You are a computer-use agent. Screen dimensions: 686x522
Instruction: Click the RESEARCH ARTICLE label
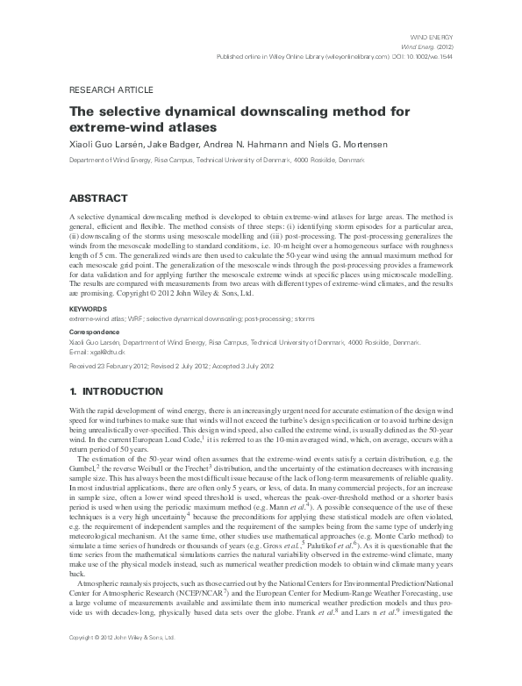coord(111,90)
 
